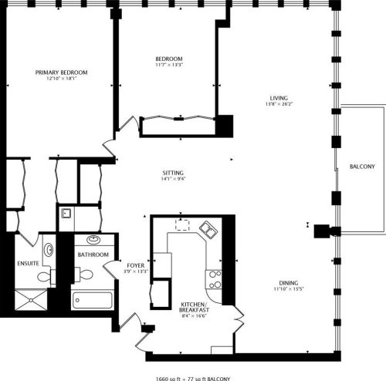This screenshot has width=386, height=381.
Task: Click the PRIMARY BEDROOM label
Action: [62, 72]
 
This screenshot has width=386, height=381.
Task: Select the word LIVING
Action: [279, 98]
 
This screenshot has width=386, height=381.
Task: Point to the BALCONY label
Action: [362, 167]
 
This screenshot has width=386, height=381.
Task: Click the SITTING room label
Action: [172, 172]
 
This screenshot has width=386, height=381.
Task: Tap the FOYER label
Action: [135, 265]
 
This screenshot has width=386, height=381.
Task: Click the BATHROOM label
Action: [93, 255]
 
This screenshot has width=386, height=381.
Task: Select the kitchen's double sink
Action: [208, 230]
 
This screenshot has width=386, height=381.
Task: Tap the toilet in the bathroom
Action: [86, 272]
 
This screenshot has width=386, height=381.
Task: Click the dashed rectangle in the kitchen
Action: [184, 224]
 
